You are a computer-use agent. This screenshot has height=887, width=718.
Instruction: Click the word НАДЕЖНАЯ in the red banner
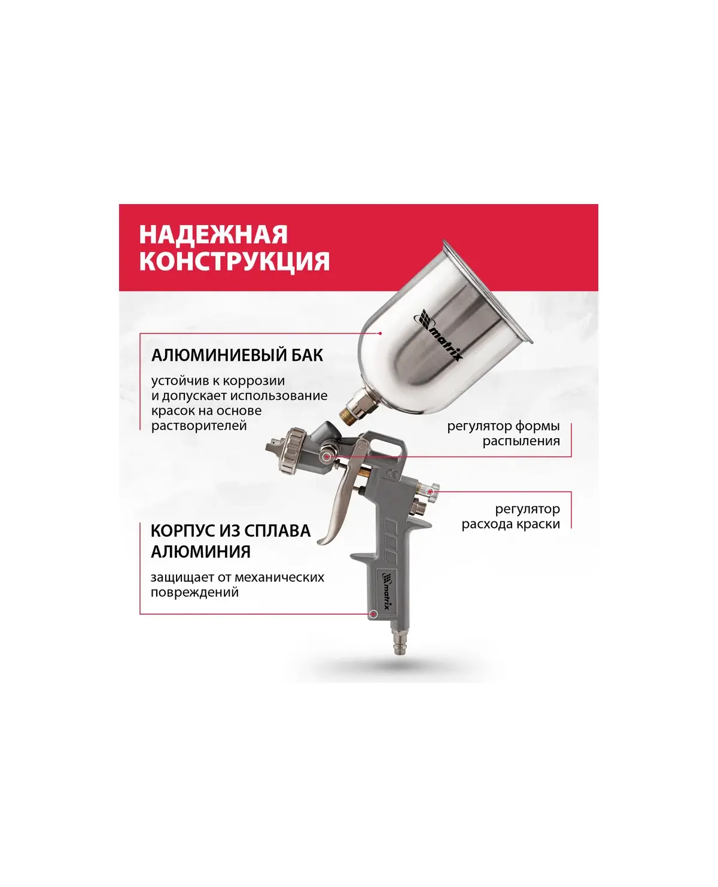point(213,235)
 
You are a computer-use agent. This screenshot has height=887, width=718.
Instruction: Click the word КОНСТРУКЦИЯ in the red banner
point(235,262)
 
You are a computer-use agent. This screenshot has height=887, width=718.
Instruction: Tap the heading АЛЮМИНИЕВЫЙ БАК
point(238,356)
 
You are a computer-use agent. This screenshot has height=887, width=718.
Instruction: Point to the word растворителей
point(199,426)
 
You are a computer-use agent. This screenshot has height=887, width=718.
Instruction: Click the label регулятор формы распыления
point(503,433)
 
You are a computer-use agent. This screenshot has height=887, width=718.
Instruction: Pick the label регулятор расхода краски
point(511,517)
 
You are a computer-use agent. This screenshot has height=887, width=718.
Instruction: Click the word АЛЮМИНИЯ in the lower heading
point(200,552)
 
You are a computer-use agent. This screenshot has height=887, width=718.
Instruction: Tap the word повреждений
point(195,592)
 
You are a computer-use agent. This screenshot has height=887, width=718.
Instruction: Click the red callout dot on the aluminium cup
point(380,333)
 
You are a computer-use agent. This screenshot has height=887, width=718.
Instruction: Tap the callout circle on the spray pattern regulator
point(327,457)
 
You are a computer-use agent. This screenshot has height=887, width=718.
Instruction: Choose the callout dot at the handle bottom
point(374,614)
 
